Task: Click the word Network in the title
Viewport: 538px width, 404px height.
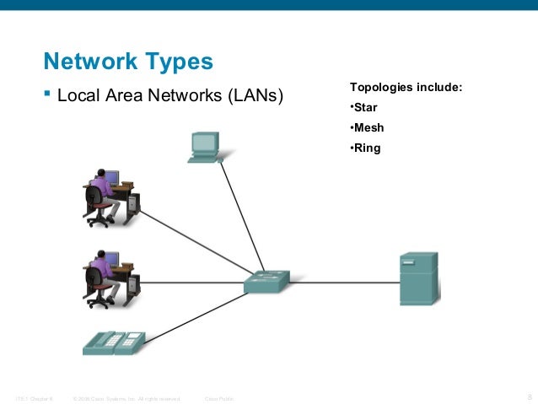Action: point(84,62)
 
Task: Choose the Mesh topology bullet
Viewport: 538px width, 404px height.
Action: point(366,128)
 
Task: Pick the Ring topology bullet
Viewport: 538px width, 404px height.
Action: point(365,148)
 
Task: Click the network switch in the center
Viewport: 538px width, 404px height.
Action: point(266,282)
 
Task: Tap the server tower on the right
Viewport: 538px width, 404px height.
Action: point(418,278)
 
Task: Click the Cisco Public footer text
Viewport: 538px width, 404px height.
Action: point(219,397)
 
